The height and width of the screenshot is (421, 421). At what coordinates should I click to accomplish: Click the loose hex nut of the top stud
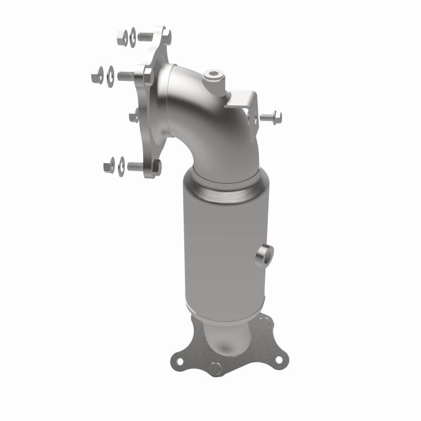[120, 37]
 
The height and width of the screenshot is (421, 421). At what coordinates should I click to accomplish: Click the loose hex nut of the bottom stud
[109, 166]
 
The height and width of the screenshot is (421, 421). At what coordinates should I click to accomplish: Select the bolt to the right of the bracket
[272, 116]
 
